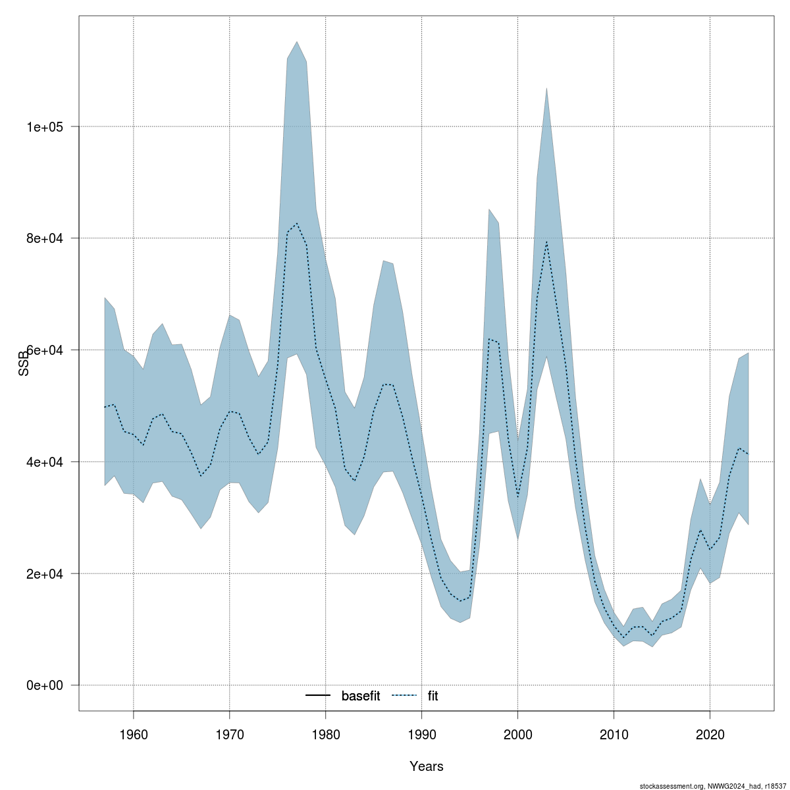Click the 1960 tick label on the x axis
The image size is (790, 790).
134,733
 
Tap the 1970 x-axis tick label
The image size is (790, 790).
230,733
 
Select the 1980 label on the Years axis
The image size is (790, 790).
326,733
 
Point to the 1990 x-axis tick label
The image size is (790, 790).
422,733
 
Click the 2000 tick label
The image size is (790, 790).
518,733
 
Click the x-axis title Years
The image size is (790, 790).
426,766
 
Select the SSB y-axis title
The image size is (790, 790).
24,363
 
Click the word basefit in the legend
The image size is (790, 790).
361,696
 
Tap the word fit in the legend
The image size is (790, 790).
433,696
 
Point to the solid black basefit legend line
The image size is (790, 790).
318,696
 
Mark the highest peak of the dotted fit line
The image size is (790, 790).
297,224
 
